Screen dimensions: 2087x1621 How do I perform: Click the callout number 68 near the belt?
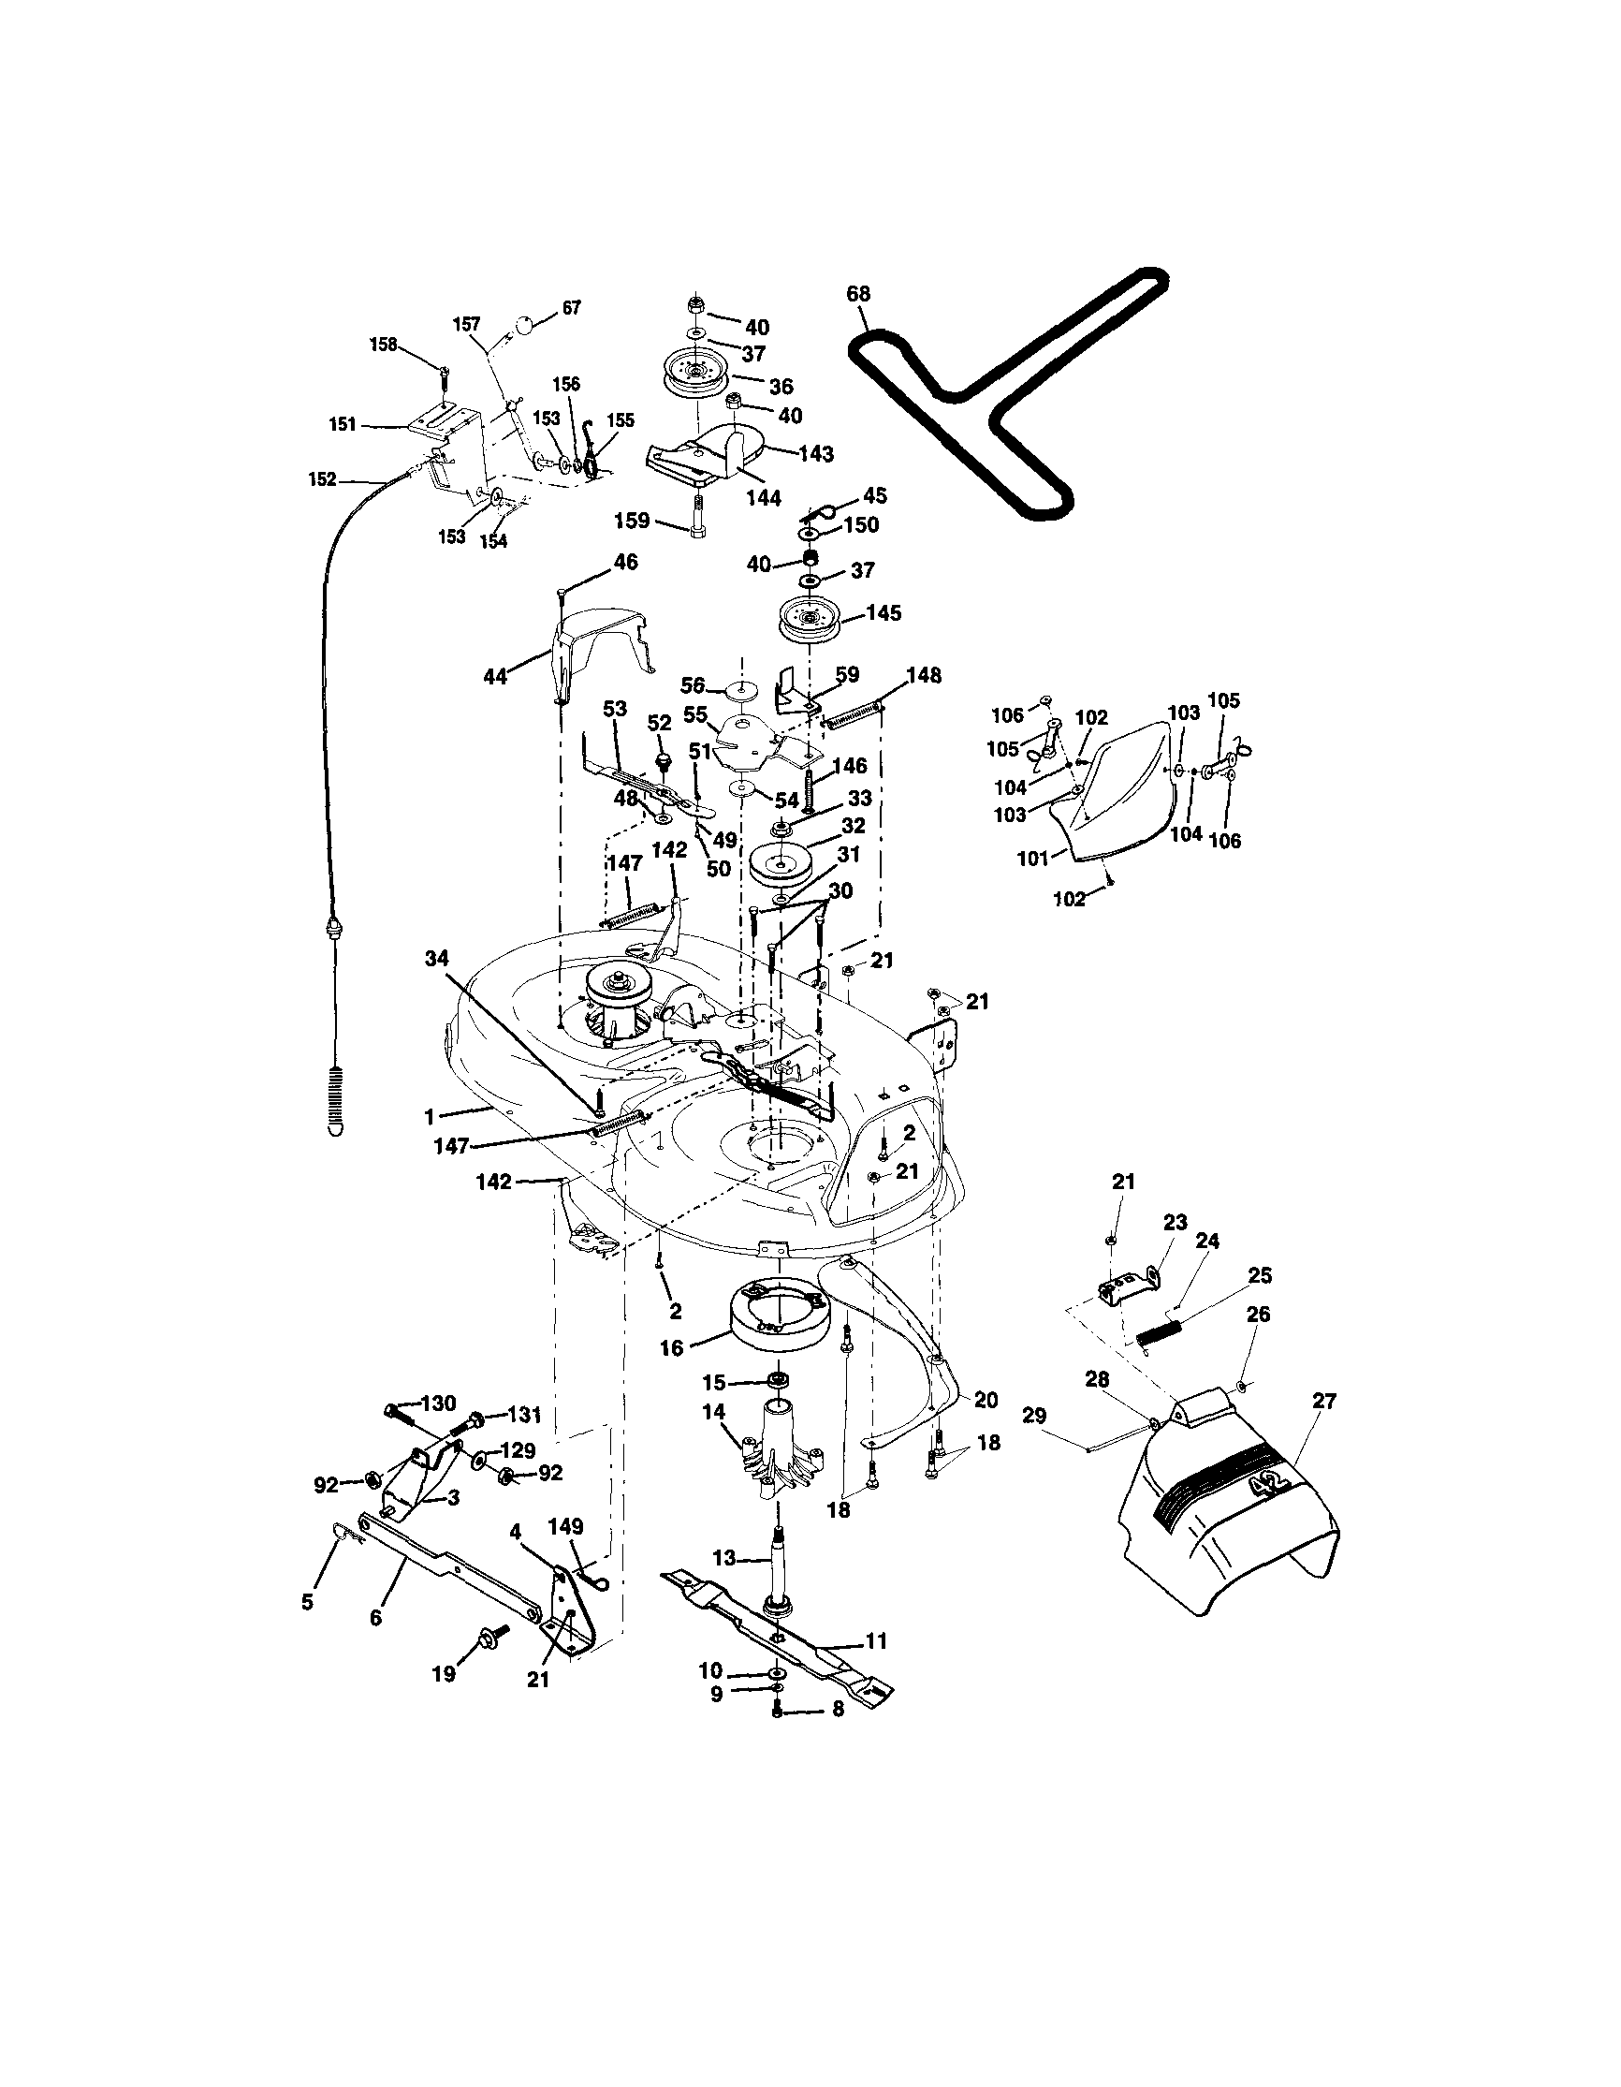(858, 293)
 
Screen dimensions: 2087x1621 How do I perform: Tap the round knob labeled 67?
(524, 326)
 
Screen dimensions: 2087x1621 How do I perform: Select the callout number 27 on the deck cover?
(1324, 1401)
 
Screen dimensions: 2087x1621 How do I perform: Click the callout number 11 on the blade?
(876, 1640)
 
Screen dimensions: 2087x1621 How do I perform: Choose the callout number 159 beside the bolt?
(632, 521)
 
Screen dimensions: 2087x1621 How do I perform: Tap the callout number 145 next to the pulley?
(883, 612)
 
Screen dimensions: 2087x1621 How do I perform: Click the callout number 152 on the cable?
(322, 479)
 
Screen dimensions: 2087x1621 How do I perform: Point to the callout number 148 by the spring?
(924, 676)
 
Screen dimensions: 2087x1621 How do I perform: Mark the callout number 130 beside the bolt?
(437, 1403)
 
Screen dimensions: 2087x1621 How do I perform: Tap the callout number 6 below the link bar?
(375, 1618)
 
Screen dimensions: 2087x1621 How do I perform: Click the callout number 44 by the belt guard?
(496, 678)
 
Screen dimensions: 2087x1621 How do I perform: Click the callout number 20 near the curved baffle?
(986, 1400)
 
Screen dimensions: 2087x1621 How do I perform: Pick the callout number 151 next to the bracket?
(343, 424)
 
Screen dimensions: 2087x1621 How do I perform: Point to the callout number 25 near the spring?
(1260, 1276)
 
